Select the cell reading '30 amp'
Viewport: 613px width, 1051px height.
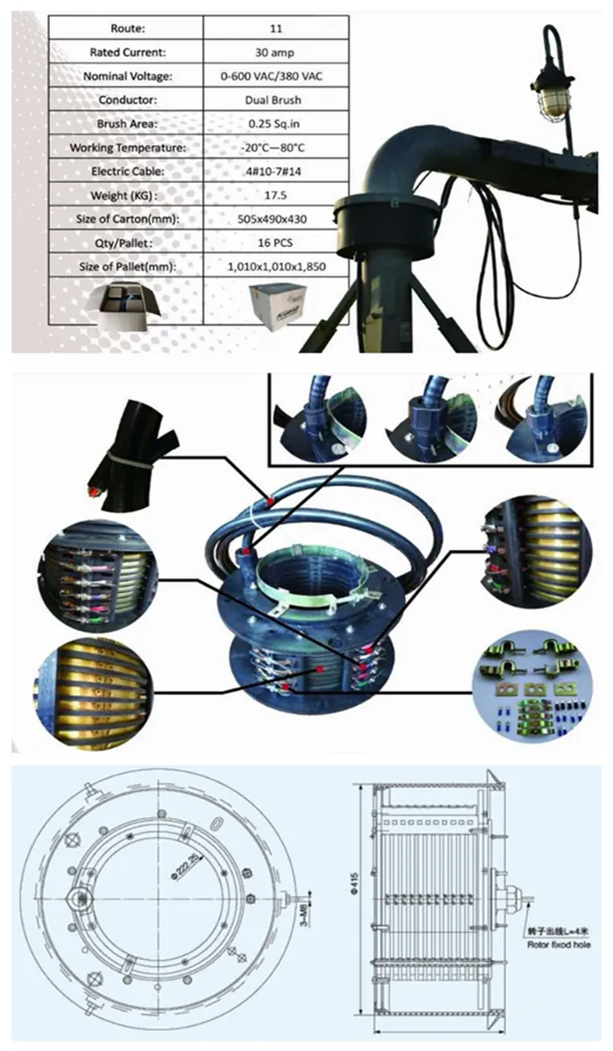click(275, 53)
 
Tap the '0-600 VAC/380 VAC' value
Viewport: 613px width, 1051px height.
click(275, 76)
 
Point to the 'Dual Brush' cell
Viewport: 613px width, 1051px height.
click(275, 100)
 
